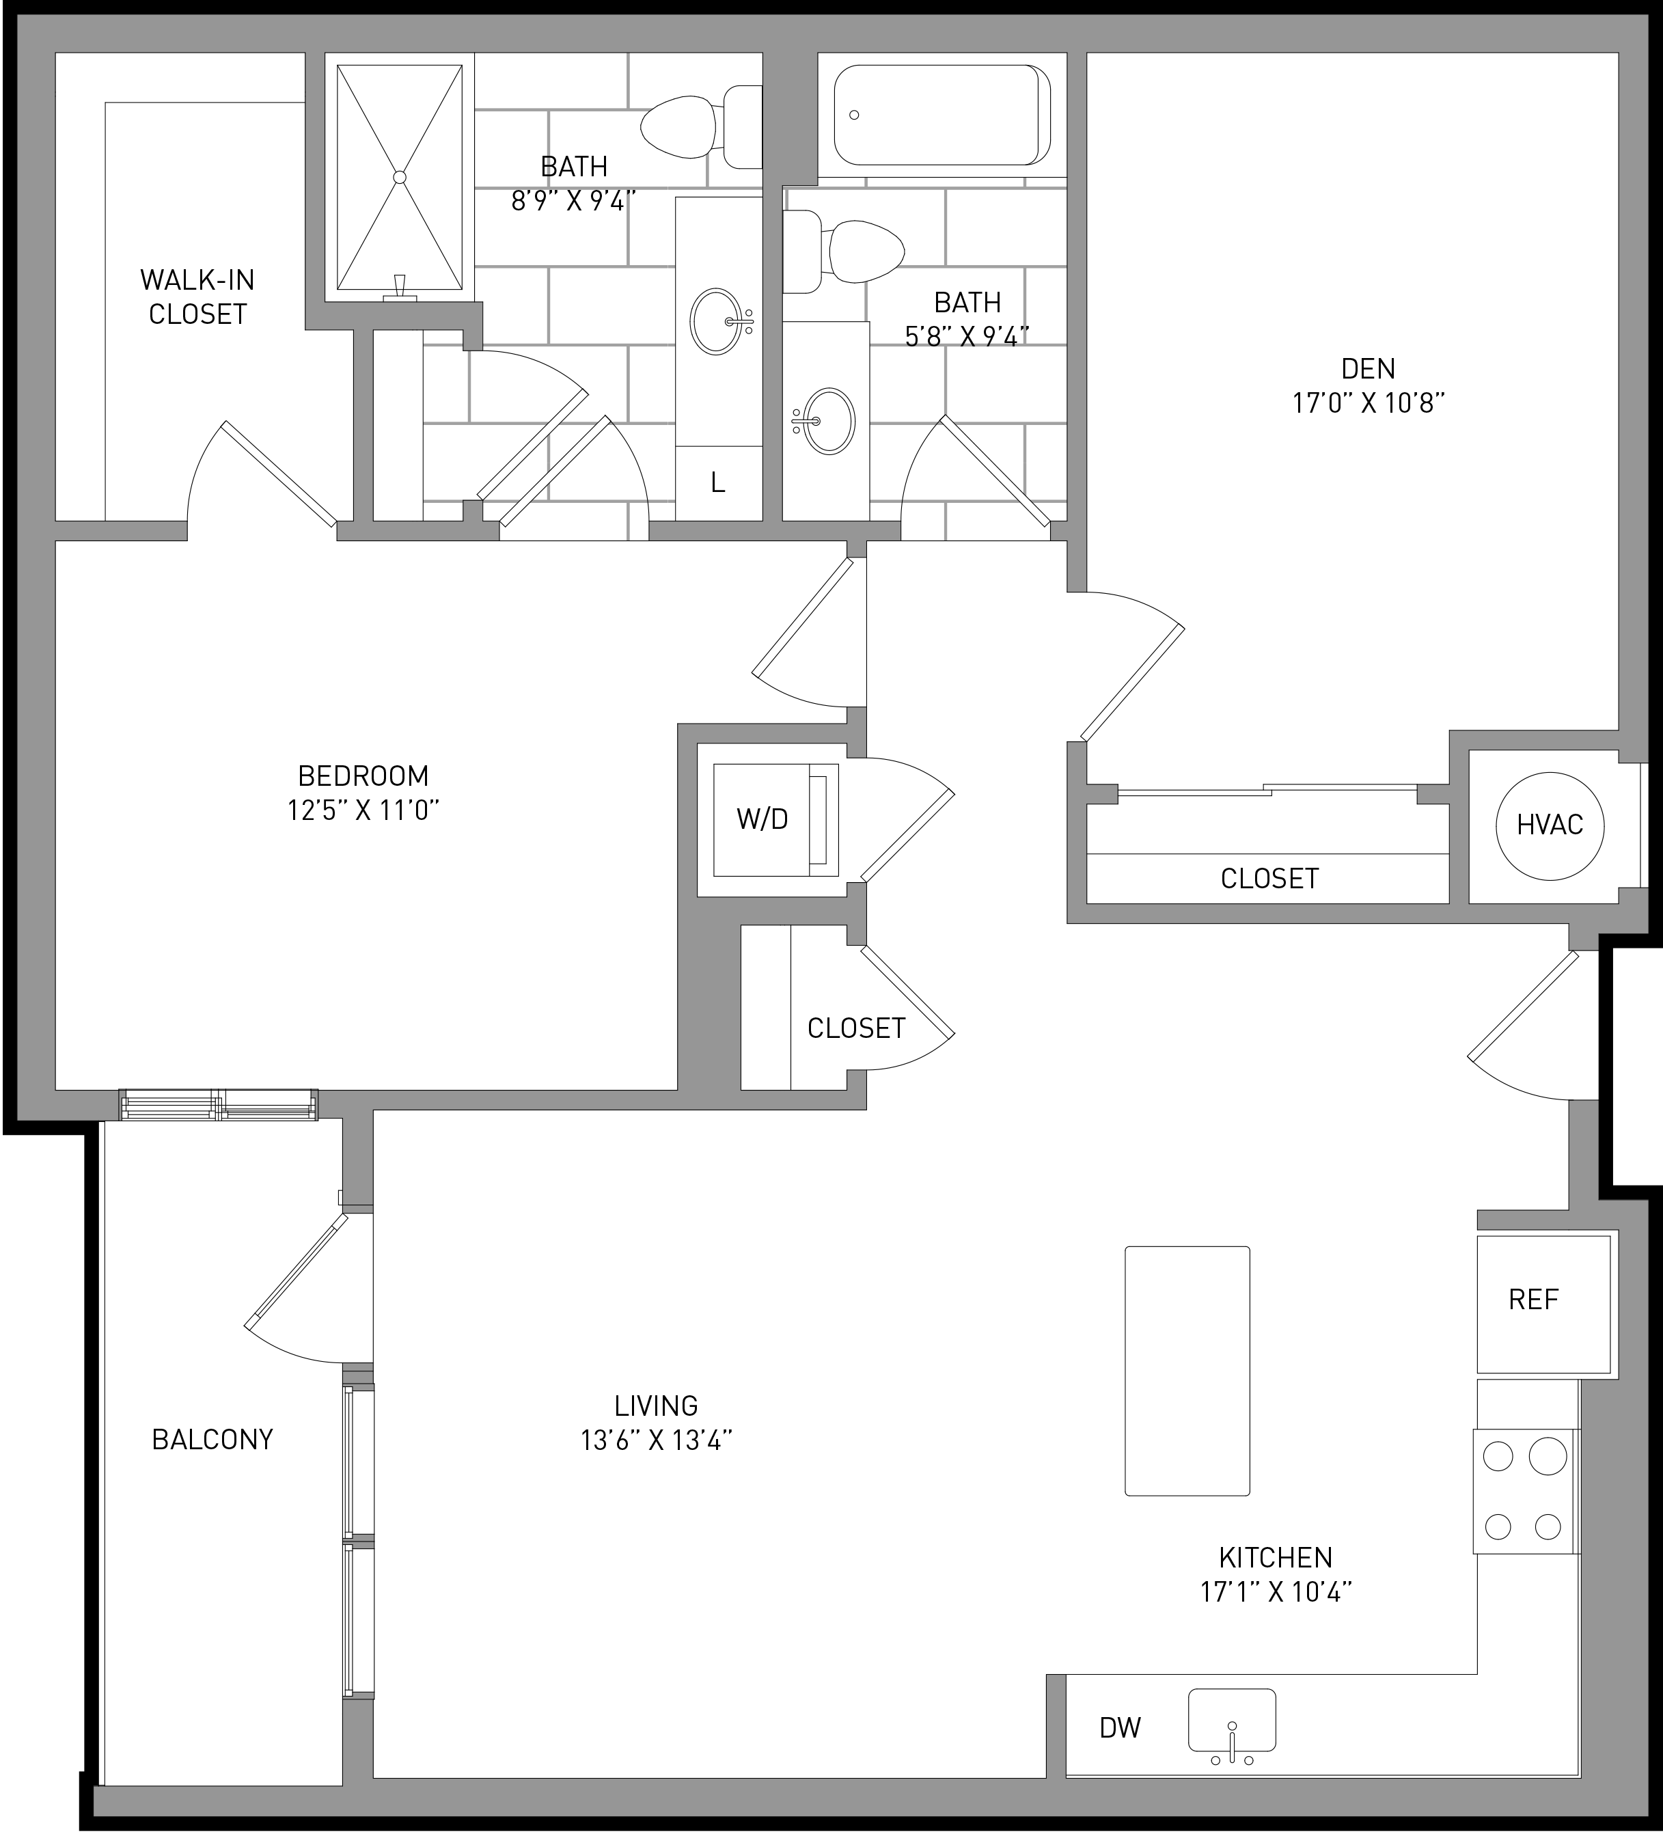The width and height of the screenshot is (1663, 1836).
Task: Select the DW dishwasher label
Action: tap(1121, 1727)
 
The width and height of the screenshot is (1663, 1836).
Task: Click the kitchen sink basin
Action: tap(1231, 1719)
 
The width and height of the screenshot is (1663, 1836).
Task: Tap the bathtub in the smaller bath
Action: tap(944, 115)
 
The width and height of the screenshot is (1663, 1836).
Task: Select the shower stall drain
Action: tap(399, 177)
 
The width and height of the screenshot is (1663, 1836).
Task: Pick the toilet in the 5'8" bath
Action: tap(843, 251)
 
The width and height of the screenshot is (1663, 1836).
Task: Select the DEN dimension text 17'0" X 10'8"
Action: tap(1369, 402)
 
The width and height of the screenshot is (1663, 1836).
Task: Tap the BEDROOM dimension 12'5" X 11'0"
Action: tap(363, 810)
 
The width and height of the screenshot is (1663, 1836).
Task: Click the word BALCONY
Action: tap(212, 1439)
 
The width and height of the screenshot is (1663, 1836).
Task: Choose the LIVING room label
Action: tap(656, 1406)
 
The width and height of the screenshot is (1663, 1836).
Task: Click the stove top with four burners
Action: tap(1526, 1491)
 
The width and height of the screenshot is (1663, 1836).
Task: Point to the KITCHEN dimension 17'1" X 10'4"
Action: tap(1276, 1592)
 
